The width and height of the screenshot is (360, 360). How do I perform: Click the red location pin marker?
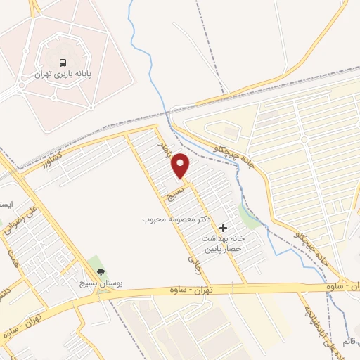(x=181, y=165)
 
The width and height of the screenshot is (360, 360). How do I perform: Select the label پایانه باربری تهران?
(x=64, y=73)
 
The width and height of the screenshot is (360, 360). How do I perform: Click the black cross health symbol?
(x=224, y=228)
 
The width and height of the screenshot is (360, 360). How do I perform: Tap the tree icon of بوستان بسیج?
(x=100, y=272)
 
